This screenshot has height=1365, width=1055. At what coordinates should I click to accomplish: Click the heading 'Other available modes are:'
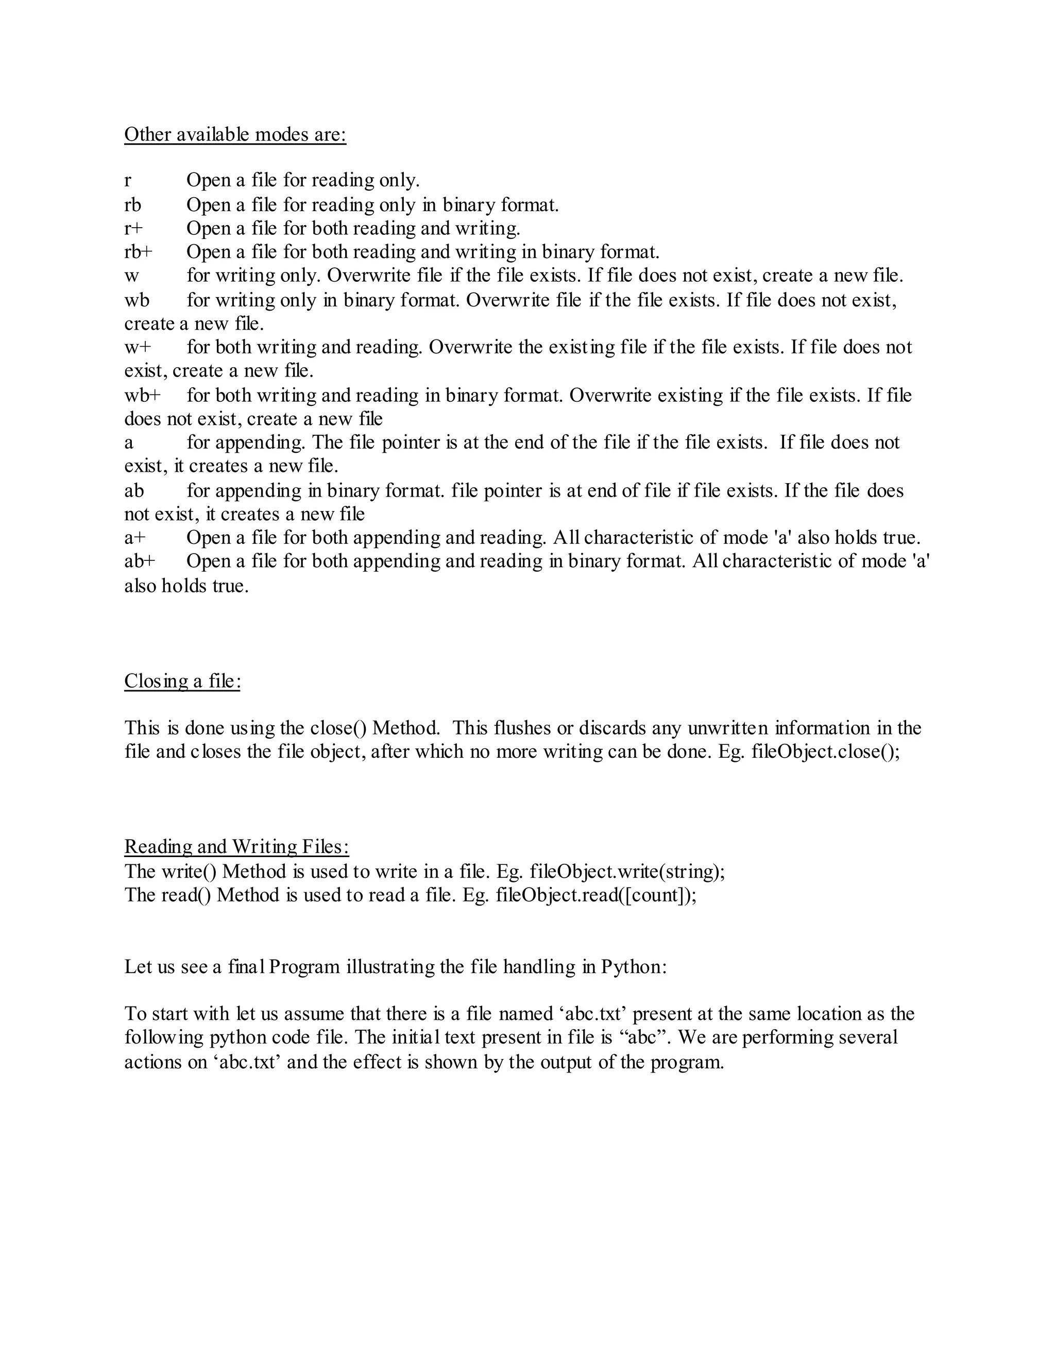[235, 134]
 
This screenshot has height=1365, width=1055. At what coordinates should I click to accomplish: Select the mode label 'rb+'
[138, 252]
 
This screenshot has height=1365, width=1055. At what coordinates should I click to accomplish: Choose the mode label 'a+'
[135, 537]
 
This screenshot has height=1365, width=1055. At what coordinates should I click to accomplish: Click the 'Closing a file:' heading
[182, 680]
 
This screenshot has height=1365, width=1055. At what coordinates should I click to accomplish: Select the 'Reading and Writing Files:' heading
[236, 846]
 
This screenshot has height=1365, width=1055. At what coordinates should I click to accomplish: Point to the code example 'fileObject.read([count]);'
[596, 895]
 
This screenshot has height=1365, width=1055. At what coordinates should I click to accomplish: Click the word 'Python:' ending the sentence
[634, 967]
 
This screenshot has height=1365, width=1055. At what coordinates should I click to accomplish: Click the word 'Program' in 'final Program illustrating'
[305, 967]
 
